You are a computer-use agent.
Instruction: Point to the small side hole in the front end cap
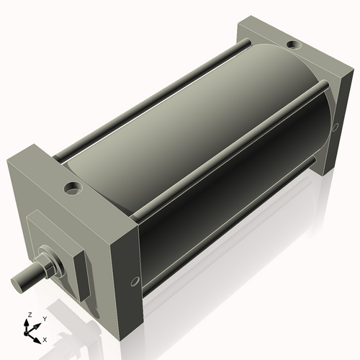(132, 280)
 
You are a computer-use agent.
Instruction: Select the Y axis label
(44, 318)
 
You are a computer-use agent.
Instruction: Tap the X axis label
(45, 338)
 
